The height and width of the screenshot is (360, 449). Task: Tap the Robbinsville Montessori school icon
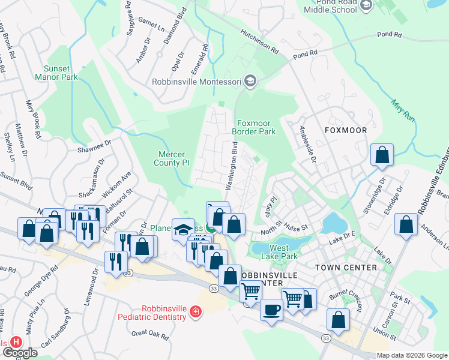click(250, 82)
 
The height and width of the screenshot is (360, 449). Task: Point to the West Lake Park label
click(283, 252)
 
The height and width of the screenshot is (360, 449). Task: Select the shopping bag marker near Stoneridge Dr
click(382, 155)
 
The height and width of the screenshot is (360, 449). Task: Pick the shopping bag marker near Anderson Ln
click(406, 226)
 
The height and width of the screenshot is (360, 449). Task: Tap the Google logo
click(20, 353)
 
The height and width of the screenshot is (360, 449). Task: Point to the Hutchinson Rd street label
click(260, 41)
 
